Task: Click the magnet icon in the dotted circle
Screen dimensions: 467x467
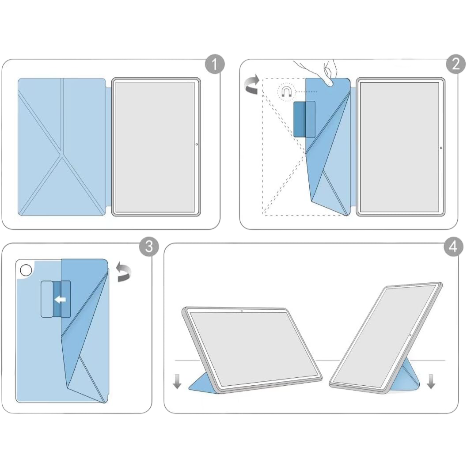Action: click(x=286, y=92)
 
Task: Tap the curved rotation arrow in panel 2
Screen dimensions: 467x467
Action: click(x=252, y=84)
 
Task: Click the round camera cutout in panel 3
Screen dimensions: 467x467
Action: click(x=26, y=269)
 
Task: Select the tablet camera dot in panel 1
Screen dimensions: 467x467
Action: click(x=196, y=144)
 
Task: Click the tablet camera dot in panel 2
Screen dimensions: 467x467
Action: click(x=441, y=148)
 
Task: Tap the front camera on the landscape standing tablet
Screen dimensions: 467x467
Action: click(x=242, y=311)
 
